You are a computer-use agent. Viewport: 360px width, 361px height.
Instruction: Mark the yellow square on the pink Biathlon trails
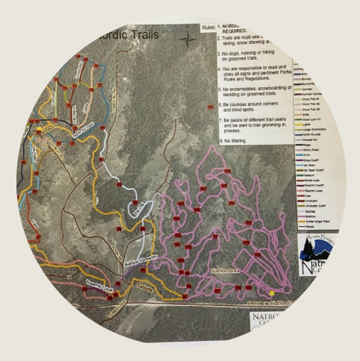273,292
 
